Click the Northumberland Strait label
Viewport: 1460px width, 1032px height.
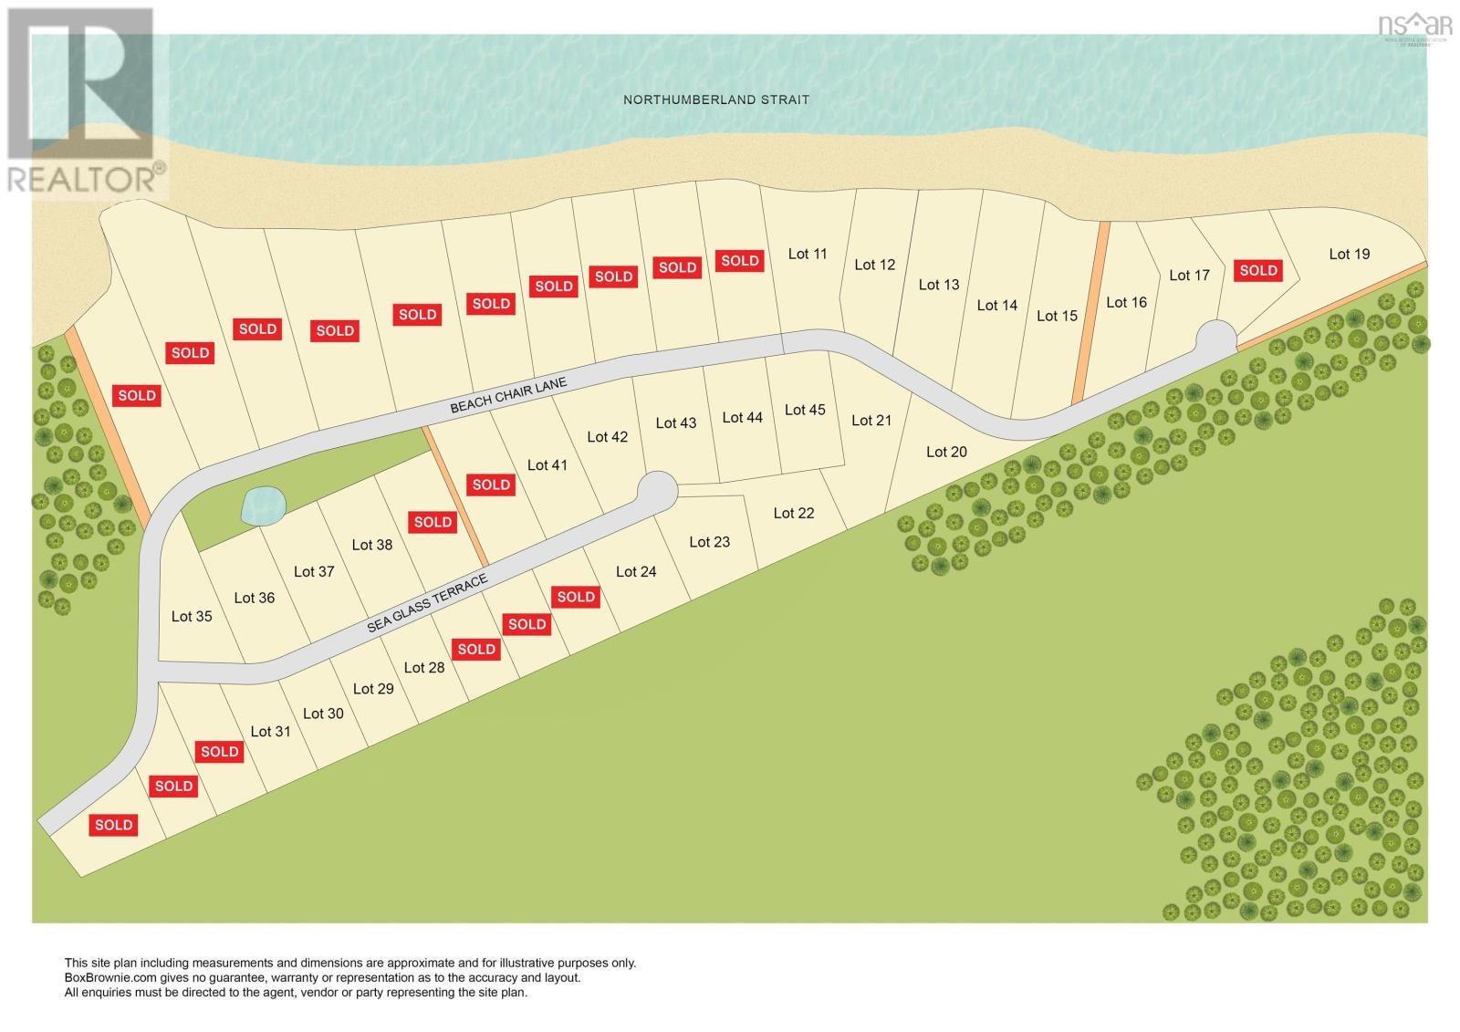click(x=715, y=99)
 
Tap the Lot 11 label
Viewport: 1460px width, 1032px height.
click(x=808, y=254)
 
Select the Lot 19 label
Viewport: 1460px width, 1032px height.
click(x=1349, y=254)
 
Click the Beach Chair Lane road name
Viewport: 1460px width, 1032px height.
click(x=508, y=396)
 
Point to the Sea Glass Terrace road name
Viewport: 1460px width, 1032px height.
click(x=427, y=604)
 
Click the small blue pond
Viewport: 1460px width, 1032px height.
click(x=263, y=505)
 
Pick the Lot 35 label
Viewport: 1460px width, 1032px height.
click(x=192, y=616)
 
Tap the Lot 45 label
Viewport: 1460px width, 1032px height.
click(x=805, y=410)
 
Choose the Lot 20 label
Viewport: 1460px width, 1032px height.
click(x=946, y=452)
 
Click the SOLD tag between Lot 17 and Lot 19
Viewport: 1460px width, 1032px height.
click(x=1257, y=270)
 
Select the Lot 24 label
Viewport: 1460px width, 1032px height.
click(x=636, y=571)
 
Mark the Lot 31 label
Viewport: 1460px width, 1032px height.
click(x=270, y=731)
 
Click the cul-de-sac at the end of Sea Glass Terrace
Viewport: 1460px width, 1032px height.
click(x=657, y=490)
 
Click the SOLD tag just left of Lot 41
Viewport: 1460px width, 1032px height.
click(x=491, y=485)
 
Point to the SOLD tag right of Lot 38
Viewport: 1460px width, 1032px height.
click(x=433, y=522)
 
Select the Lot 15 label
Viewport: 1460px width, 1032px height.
click(x=1057, y=316)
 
